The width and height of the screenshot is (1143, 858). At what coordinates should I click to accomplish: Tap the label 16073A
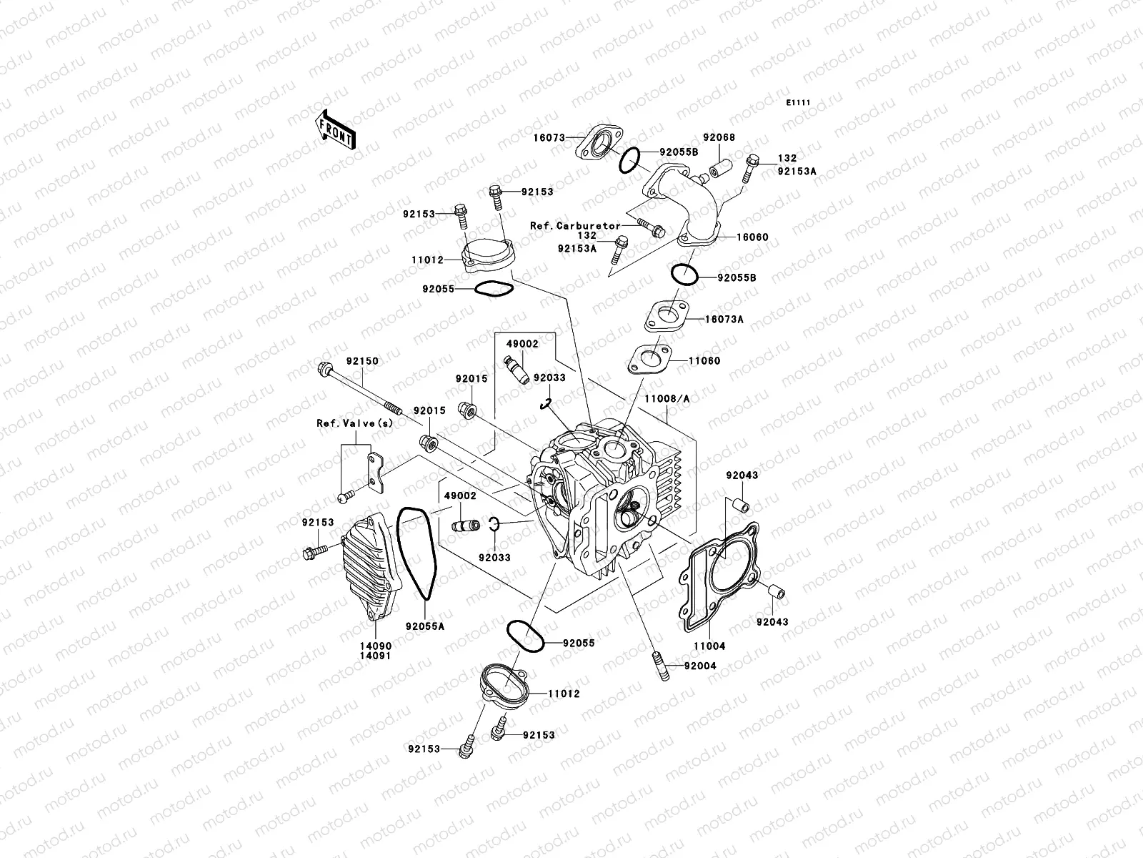click(x=724, y=320)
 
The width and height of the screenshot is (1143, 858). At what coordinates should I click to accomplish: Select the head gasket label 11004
click(x=709, y=646)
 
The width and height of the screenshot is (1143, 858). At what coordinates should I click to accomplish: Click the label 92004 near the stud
click(x=699, y=666)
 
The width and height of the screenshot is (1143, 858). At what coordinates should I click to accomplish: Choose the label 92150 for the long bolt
click(x=362, y=362)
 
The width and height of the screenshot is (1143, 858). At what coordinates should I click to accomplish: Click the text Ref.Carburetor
click(x=575, y=226)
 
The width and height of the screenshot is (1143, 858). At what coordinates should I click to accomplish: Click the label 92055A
click(x=425, y=626)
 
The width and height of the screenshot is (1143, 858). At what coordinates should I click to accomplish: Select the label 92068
click(x=719, y=138)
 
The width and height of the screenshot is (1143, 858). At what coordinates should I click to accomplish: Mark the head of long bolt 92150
click(x=326, y=370)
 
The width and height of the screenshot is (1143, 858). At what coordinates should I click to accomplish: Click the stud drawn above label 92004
click(x=659, y=666)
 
